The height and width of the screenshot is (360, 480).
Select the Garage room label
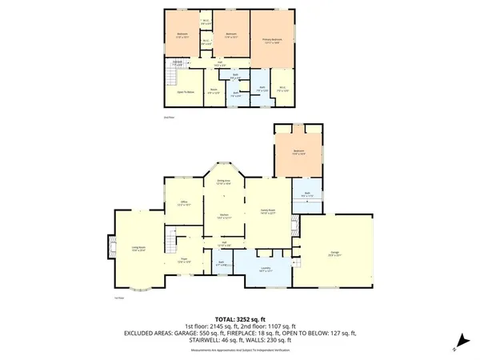[334, 254]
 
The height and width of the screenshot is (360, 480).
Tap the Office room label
[183, 203]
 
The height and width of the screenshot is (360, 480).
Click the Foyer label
[183, 258]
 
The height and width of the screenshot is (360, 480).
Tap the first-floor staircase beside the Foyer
[169, 239]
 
